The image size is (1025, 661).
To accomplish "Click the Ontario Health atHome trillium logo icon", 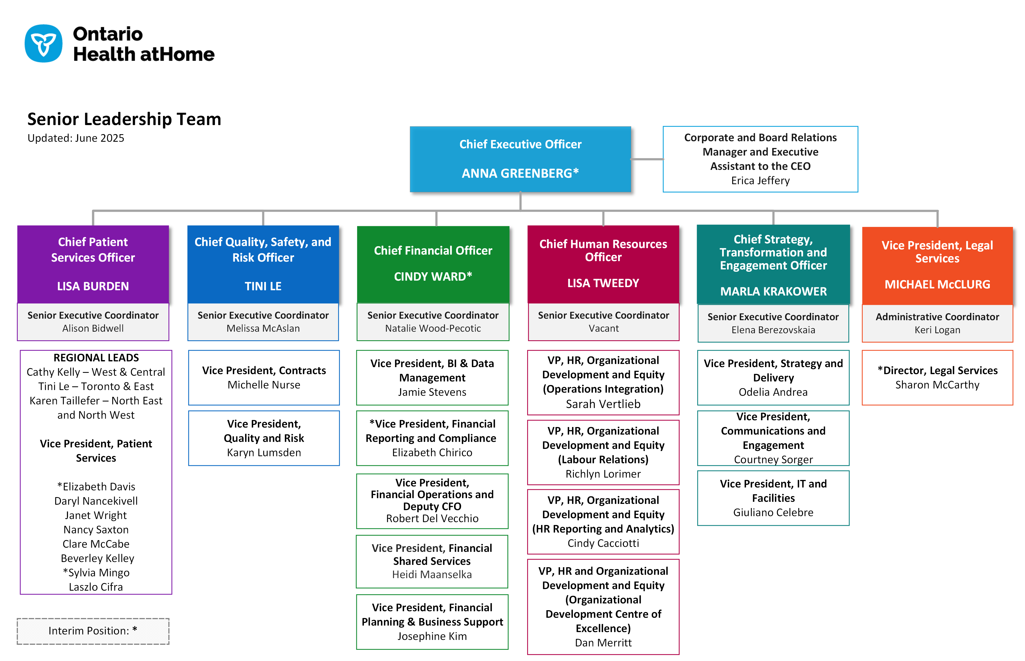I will point(43,43).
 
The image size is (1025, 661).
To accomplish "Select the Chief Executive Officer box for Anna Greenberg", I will point(520,159).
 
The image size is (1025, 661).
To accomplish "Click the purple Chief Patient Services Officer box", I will point(93,264).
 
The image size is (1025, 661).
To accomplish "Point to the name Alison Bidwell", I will point(93,328).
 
